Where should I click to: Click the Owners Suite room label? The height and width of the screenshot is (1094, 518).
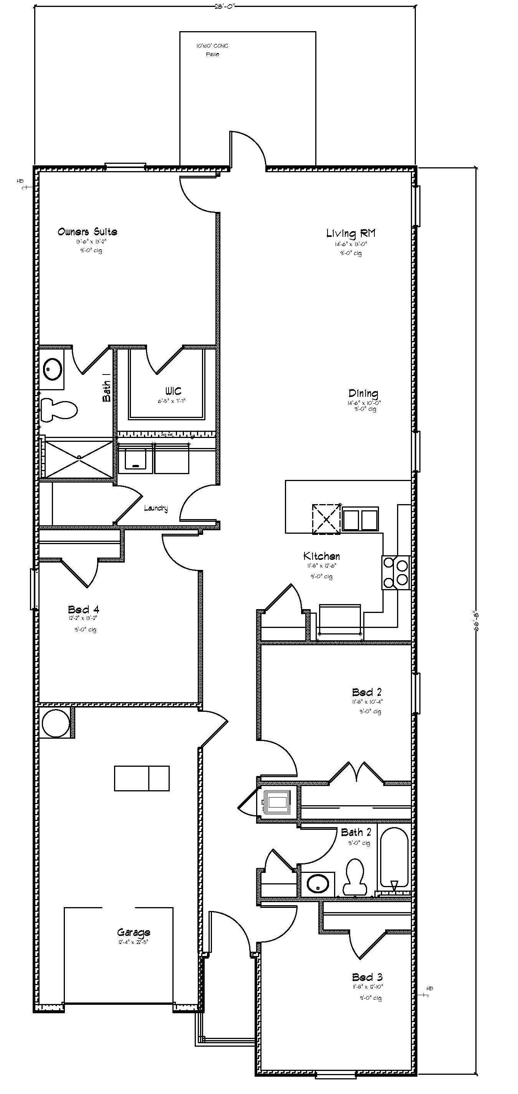88,232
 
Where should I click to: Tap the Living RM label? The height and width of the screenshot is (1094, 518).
351,233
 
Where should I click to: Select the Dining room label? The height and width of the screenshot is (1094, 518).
363,393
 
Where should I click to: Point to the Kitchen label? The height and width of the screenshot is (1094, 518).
321,556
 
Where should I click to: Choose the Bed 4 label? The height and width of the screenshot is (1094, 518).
84,609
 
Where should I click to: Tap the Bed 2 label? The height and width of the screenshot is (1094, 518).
367,692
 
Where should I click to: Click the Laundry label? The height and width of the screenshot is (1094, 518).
156,508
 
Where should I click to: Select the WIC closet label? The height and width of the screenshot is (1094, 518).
173,391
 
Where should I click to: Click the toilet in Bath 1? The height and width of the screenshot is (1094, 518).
60,410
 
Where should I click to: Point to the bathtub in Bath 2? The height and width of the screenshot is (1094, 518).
394,857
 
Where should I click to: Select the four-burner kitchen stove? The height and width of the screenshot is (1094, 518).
396,572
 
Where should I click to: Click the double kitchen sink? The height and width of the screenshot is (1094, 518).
360,519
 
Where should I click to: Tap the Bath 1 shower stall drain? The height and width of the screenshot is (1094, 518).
79,457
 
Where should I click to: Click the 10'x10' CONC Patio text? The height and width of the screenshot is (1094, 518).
212,50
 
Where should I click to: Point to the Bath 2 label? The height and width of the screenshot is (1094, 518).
356,832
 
